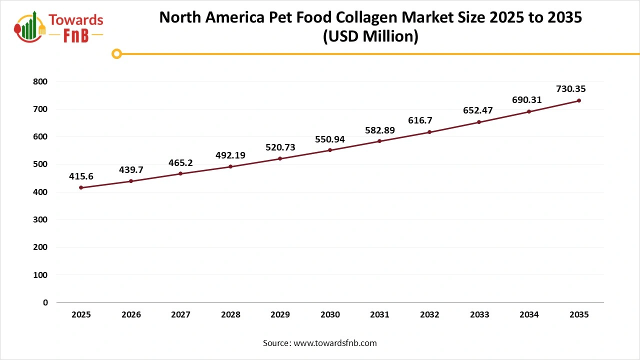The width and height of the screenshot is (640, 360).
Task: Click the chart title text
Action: (x=370, y=26)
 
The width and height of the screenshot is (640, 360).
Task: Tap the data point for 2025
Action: (x=81, y=187)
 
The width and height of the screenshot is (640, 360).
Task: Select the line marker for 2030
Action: (x=330, y=150)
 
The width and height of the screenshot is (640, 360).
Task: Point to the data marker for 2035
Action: (x=579, y=100)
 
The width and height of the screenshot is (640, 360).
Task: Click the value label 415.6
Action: (x=81, y=176)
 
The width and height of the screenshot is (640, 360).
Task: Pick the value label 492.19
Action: (x=230, y=155)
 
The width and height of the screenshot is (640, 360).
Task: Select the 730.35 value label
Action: (x=570, y=89)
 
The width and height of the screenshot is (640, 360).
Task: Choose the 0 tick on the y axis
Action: (x=45, y=302)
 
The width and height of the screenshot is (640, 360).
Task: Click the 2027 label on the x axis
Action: (x=180, y=315)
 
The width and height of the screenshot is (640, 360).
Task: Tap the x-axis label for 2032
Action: (x=429, y=315)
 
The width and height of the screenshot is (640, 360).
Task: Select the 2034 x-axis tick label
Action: (x=529, y=315)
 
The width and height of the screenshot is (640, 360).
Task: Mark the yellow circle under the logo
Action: (x=116, y=53)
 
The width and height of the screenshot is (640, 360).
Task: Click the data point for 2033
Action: (x=479, y=122)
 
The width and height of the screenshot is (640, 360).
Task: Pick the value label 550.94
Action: (x=330, y=139)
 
